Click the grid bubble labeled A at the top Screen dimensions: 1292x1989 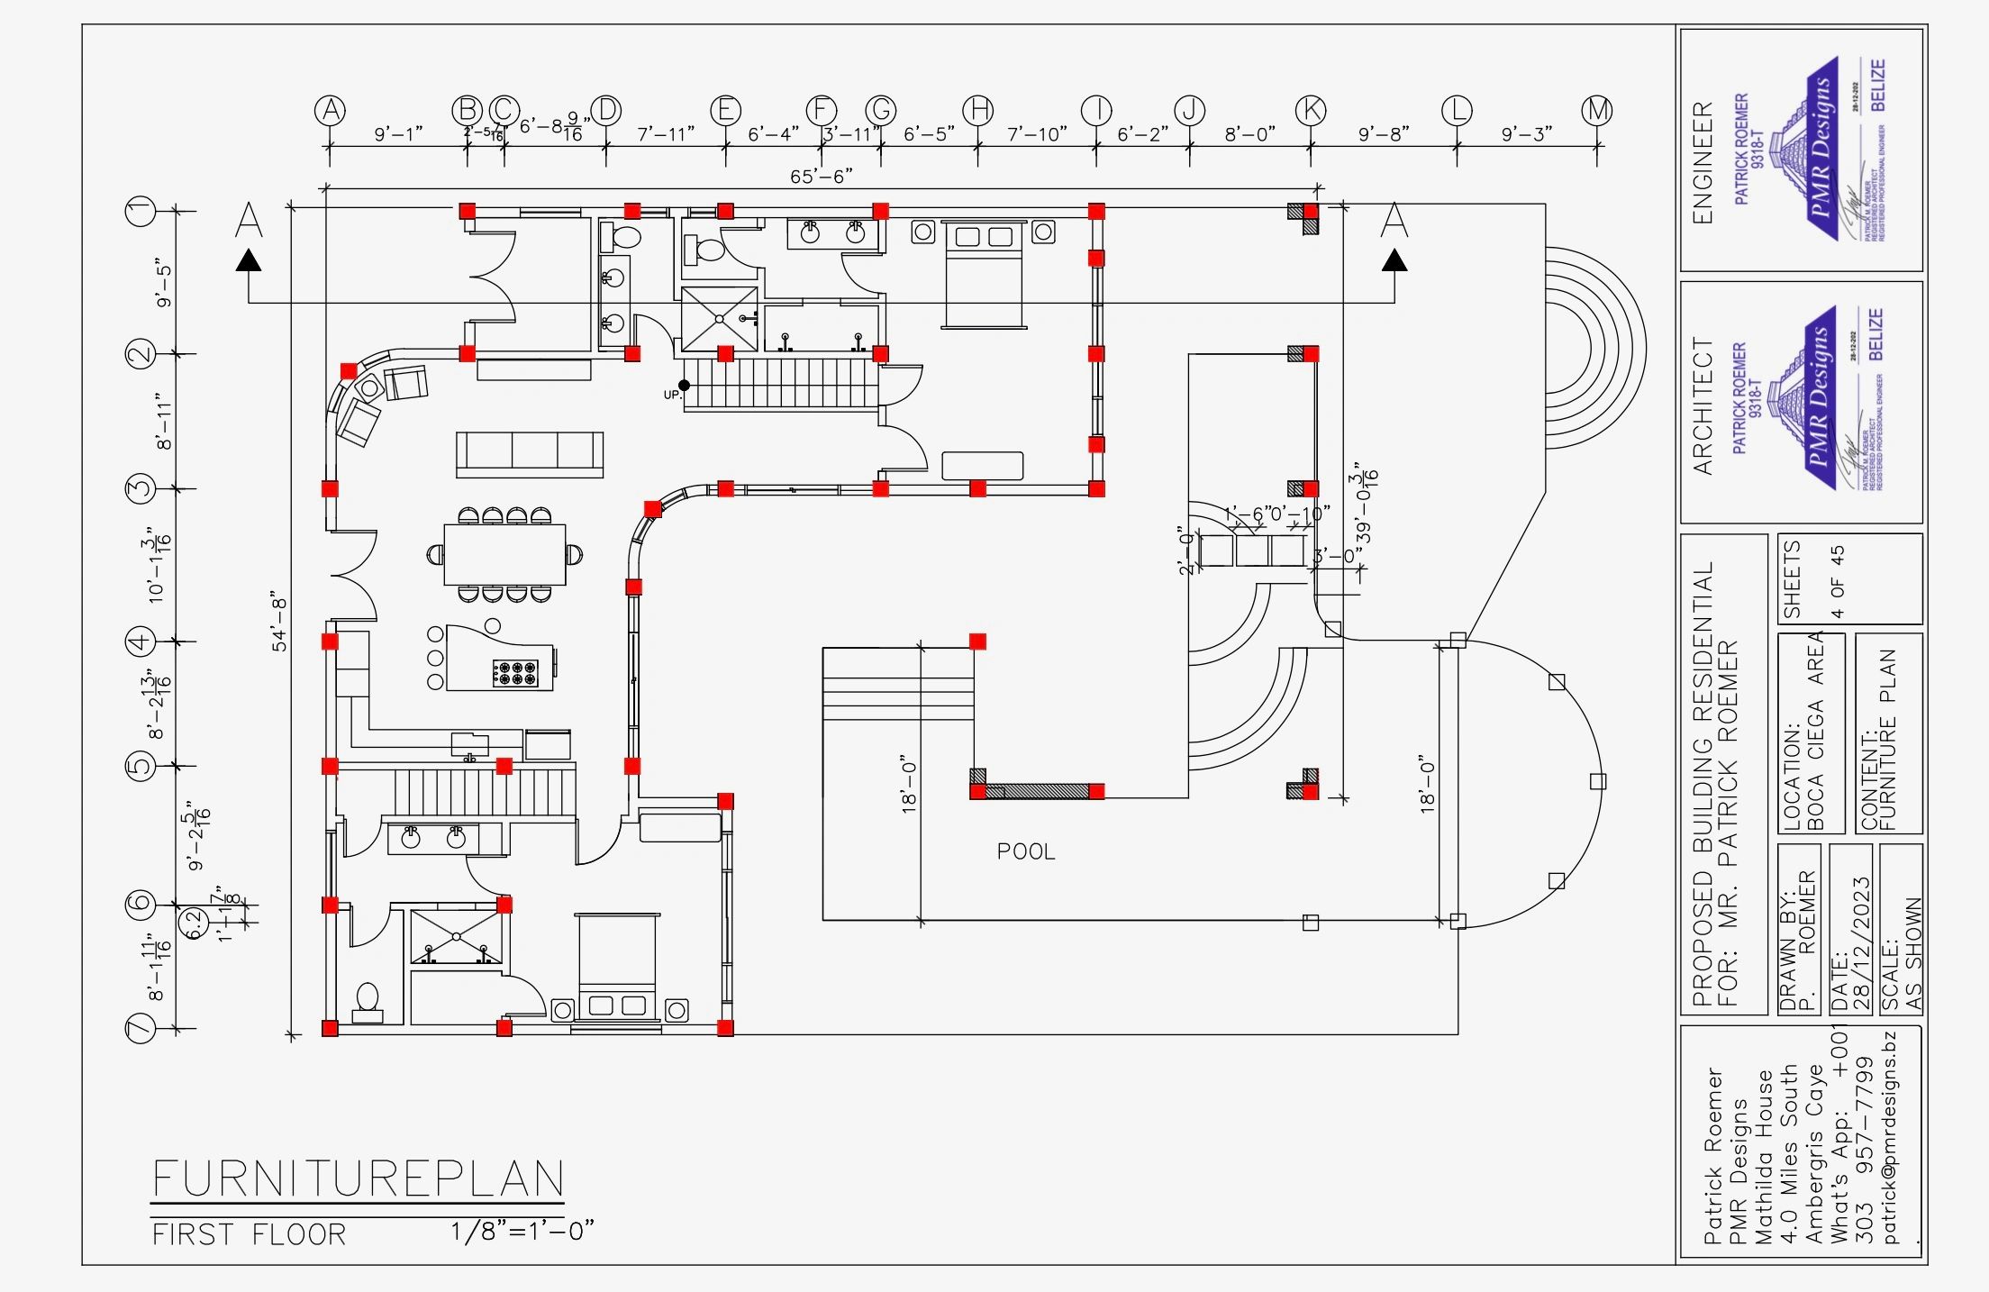point(331,111)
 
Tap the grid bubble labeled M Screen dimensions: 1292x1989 point(1597,111)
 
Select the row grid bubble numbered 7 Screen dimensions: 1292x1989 point(141,1028)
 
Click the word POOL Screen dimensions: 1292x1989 point(1025,851)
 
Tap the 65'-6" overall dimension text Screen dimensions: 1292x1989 point(821,177)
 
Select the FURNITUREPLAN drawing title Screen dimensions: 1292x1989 point(358,1178)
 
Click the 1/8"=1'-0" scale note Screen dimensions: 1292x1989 point(522,1231)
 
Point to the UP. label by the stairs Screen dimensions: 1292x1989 point(672,395)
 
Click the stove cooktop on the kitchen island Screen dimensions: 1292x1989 point(515,671)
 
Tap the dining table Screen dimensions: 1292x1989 point(504,554)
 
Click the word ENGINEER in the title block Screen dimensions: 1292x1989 point(1702,162)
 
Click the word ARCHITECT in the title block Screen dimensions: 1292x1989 point(1702,406)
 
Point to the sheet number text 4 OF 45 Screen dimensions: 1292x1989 point(1837,581)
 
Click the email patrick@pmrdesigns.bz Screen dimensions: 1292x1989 point(1890,1137)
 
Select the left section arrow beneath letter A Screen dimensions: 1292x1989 point(249,261)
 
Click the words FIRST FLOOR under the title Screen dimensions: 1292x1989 point(249,1234)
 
